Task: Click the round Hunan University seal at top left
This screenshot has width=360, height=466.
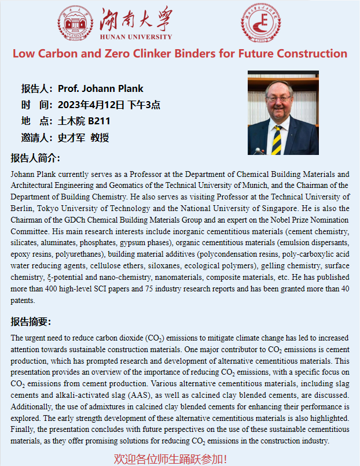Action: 76,23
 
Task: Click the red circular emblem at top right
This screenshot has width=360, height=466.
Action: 260,21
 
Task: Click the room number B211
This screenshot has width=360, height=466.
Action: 99,121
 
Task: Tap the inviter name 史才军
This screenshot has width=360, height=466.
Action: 71,138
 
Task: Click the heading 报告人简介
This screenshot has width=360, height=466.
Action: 35,158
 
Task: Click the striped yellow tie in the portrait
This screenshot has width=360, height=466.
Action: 277,139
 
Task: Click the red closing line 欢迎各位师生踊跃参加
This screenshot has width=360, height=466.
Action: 171,459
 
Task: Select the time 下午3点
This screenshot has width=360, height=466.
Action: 144,105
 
